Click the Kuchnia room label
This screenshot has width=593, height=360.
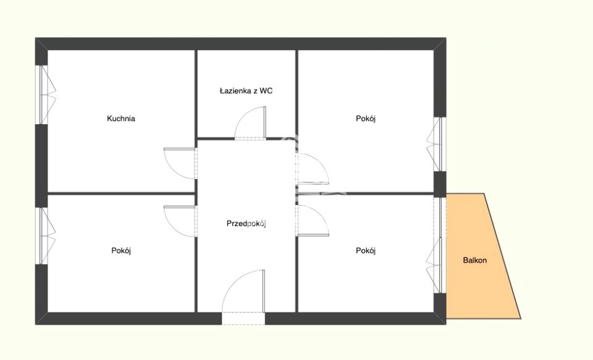121,119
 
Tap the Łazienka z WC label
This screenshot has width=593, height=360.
246,91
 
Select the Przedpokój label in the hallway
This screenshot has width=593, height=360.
246,224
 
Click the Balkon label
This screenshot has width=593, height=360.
474,260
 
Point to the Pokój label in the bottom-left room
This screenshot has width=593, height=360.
121,250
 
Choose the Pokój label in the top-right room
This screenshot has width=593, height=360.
365,119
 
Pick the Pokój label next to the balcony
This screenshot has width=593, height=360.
365,250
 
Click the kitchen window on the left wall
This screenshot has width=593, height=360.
44,94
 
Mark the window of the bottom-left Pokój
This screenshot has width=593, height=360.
44,236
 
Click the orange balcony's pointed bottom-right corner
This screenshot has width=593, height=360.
521,318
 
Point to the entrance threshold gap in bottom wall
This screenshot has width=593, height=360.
243,319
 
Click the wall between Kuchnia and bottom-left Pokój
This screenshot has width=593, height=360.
121,194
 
